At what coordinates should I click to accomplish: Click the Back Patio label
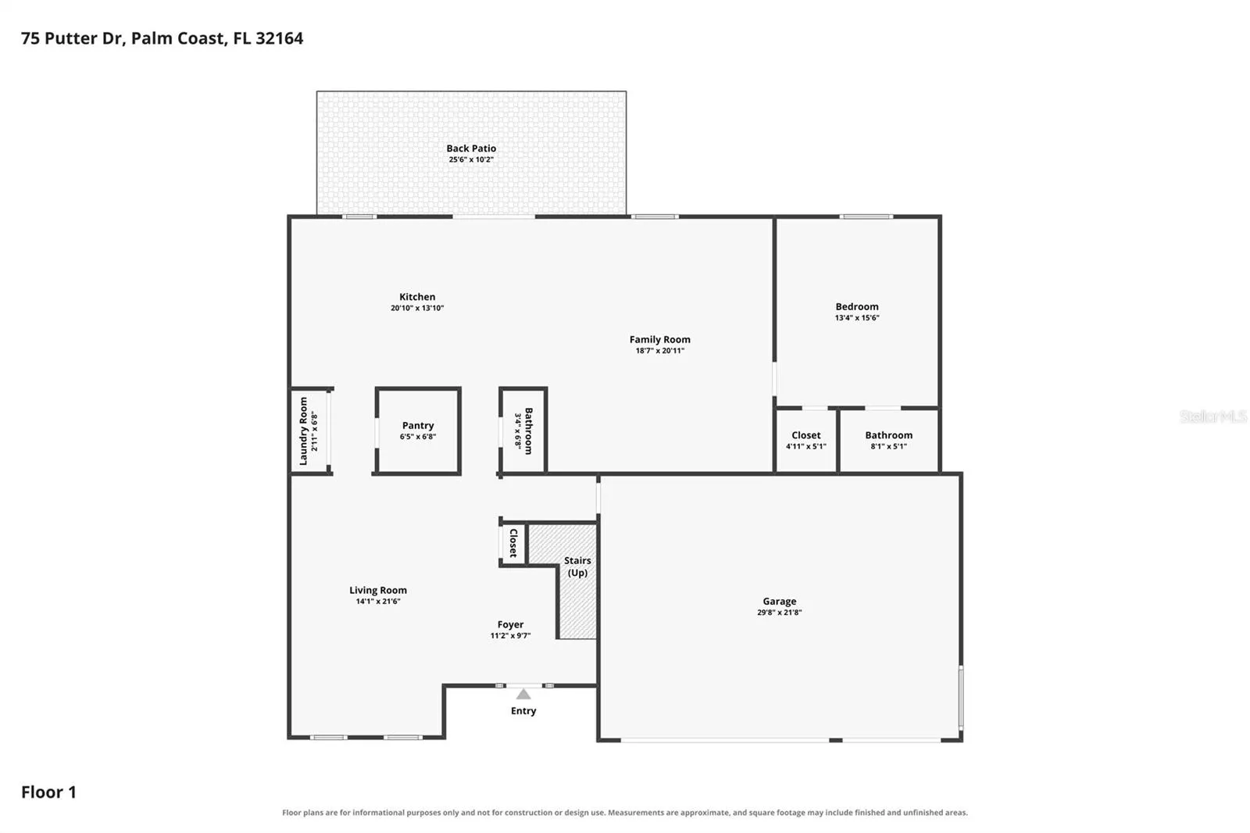tap(471, 148)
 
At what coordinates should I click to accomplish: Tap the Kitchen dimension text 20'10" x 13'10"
tap(417, 308)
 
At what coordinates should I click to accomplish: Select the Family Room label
tap(659, 339)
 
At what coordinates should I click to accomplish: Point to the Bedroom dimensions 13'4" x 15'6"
tap(857, 318)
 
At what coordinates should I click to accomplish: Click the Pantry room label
tap(418, 426)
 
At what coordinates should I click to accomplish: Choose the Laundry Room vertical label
tap(304, 431)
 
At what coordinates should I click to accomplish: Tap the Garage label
tap(780, 601)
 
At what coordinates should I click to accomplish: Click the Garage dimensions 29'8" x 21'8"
tap(780, 613)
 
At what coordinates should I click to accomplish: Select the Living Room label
tap(378, 591)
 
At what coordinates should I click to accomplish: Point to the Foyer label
tap(511, 625)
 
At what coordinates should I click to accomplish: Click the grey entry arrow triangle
tap(523, 695)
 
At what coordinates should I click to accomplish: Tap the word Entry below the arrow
tap(523, 711)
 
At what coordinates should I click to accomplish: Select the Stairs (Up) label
tap(577, 567)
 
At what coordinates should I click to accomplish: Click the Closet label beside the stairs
tap(513, 542)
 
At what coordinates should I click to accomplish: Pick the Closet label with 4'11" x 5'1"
tap(805, 435)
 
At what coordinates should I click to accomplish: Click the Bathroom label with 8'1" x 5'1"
tap(889, 435)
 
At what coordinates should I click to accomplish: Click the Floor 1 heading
tap(48, 792)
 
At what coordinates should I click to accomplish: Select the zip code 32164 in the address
tap(280, 38)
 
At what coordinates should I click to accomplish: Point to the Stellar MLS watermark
tap(1213, 417)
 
